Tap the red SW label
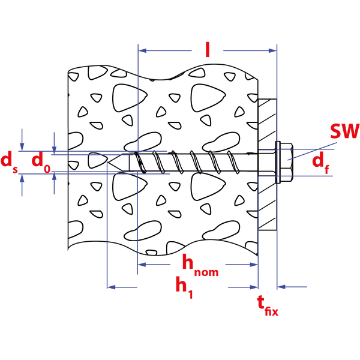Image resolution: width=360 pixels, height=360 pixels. [x=344, y=131]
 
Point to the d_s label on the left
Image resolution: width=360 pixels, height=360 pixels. [x=8, y=161]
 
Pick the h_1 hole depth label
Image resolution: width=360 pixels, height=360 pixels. [x=184, y=287]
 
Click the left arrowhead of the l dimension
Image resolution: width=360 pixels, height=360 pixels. [x=142, y=52]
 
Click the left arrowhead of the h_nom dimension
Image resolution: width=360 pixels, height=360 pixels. [x=142, y=265]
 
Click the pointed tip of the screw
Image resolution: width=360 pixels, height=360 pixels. [x=109, y=161]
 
